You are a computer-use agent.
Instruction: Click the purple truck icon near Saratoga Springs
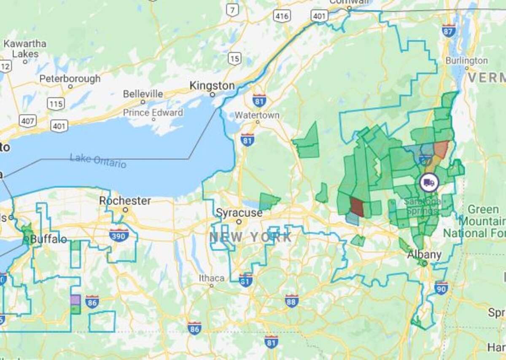[x=429, y=183]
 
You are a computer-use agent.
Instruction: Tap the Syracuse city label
[x=239, y=213]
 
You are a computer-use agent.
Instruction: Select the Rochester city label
[x=125, y=201]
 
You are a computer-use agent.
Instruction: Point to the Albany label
[x=424, y=255]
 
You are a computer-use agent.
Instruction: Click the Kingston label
[x=212, y=86]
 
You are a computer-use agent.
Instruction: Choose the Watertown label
[x=257, y=115]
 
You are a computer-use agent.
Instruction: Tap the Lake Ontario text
[x=98, y=161]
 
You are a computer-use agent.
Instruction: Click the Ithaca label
[x=211, y=278]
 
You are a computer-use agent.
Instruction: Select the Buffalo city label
[x=48, y=239]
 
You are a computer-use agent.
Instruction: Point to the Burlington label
[x=466, y=61]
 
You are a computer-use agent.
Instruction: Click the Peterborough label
[x=70, y=79]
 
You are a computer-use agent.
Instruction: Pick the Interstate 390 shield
[x=118, y=235]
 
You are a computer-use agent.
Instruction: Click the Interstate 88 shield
[x=291, y=301]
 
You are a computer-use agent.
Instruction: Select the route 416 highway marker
[x=281, y=16]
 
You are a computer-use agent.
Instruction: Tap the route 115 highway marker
[x=56, y=104]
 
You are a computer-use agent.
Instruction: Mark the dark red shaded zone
[x=357, y=207]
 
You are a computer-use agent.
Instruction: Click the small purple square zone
[x=75, y=300]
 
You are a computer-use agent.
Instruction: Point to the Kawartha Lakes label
[x=25, y=49]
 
